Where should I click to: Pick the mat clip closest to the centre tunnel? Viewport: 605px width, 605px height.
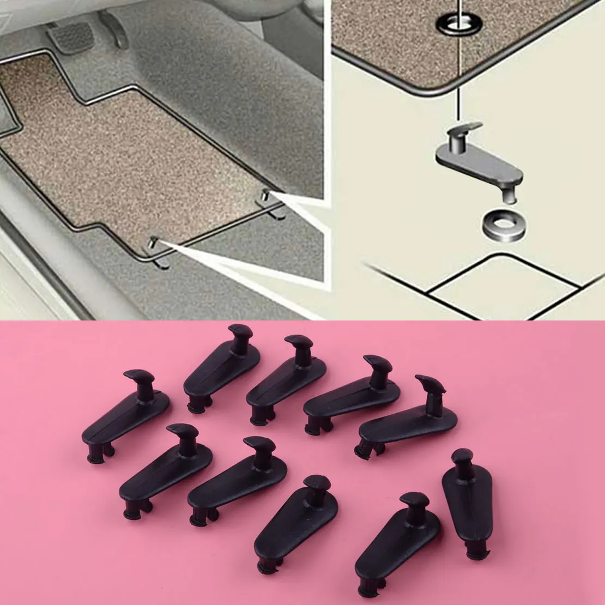[270, 205]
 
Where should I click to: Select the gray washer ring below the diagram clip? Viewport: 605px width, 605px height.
[504, 225]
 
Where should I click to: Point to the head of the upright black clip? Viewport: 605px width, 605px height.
[462, 457]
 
